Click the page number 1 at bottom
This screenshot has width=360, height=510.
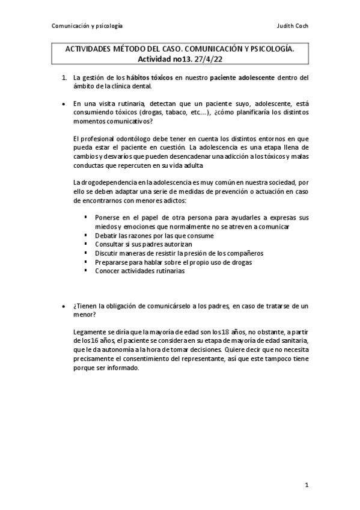[307, 484]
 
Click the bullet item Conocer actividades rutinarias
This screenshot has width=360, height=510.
[139, 271]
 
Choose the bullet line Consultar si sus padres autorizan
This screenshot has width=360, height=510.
[144, 244]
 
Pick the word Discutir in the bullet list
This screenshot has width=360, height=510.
[107, 253]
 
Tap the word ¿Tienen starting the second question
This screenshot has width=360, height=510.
[87, 306]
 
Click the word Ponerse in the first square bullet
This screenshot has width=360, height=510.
[108, 217]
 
